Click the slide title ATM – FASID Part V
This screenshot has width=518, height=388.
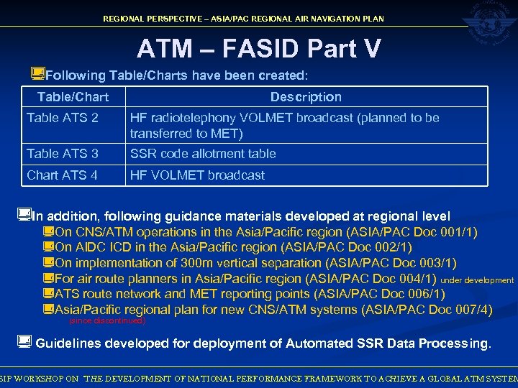[x=258, y=49]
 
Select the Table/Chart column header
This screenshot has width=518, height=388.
[x=73, y=97]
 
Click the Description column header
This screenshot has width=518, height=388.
[x=306, y=97]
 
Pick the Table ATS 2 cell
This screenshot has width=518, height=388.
[x=62, y=118]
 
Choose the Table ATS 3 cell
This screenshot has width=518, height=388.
[x=62, y=154]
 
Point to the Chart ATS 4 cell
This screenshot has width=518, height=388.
[x=62, y=175]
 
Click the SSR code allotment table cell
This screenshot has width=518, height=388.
[x=202, y=154]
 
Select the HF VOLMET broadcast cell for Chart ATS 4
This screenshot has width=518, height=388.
[x=196, y=175]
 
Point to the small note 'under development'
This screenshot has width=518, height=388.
[x=477, y=281]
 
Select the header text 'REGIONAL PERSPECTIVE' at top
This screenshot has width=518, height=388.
[x=152, y=19]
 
